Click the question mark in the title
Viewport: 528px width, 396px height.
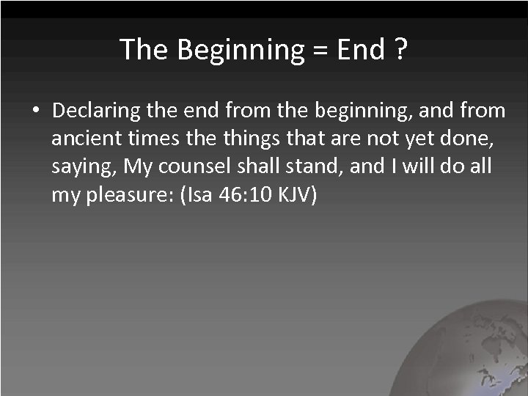[400, 50]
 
